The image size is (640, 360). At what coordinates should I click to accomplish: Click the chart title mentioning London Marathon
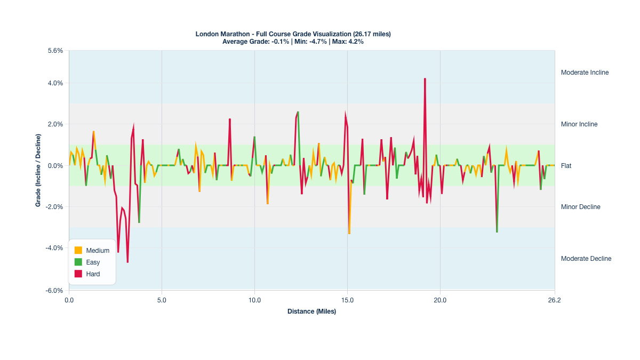point(293,34)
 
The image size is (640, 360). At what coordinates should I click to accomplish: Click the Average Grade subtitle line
point(293,42)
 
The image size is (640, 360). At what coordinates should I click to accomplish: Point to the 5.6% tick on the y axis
point(55,51)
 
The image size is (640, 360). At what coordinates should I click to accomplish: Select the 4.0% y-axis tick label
point(55,83)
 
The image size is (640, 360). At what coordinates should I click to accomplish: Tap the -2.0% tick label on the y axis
point(54,207)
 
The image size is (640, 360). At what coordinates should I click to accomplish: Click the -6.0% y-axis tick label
point(54,291)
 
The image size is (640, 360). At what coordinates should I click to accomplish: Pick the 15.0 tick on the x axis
point(347,300)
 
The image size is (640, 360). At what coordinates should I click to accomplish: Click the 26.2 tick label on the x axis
point(554,300)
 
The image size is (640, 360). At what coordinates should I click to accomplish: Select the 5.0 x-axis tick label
point(162,300)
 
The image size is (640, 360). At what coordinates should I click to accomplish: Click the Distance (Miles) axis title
point(311,311)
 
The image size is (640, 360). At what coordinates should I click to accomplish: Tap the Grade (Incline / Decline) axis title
point(38,170)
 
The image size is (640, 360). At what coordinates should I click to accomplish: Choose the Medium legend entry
point(98,251)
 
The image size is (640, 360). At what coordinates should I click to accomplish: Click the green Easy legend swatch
point(78,262)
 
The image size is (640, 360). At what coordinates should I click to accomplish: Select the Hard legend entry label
point(93,274)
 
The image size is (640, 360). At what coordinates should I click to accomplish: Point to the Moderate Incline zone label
point(585,73)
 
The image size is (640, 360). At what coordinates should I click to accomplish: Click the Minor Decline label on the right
point(580,207)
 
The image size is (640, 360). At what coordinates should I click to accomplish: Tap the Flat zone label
point(566,166)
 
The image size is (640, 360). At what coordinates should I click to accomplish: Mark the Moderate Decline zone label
point(586,259)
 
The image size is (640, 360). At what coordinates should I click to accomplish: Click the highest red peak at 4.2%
point(425,79)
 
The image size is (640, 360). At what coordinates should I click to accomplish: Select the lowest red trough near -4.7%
point(127,261)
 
